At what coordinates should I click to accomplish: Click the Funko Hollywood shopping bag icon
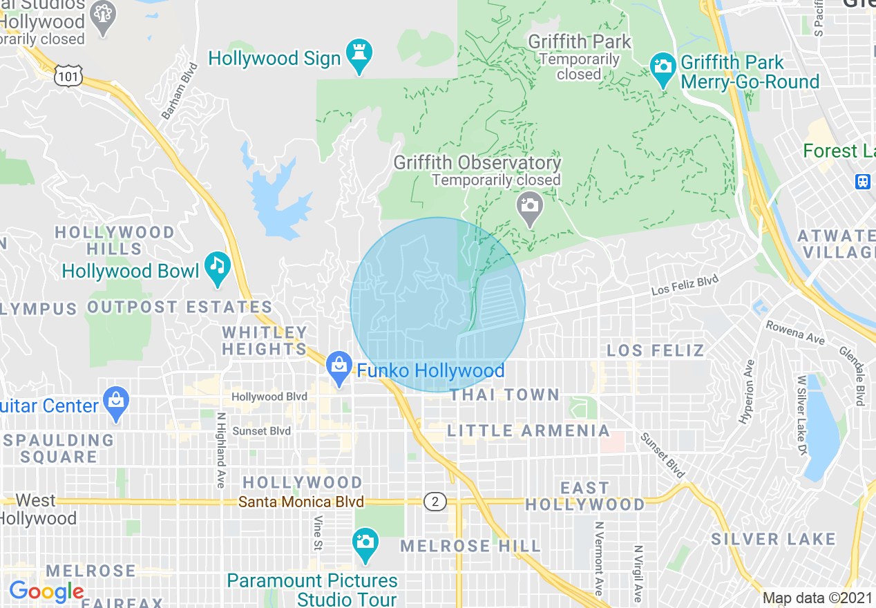tap(339, 367)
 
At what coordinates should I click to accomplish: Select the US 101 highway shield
tap(71, 76)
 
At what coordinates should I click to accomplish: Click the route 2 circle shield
tap(435, 502)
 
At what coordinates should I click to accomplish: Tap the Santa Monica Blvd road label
tap(301, 502)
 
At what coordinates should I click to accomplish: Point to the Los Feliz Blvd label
tap(685, 285)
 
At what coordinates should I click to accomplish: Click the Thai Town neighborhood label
tap(504, 395)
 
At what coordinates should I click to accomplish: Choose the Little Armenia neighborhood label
tap(529, 430)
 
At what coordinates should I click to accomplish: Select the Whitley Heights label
tap(265, 341)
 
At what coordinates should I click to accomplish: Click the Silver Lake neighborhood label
tap(773, 539)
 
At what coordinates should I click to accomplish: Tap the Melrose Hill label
tap(470, 546)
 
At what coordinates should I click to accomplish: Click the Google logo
tap(46, 591)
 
